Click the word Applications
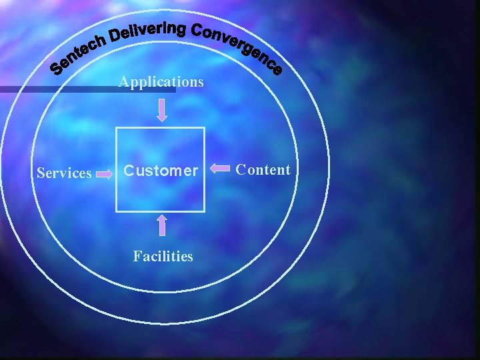(x=161, y=82)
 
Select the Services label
(x=64, y=173)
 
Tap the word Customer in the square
(x=161, y=171)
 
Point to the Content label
(x=264, y=169)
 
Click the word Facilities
(x=163, y=256)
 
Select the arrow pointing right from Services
(x=105, y=174)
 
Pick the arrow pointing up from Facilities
(x=162, y=226)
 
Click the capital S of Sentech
(x=58, y=67)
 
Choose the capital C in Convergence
(x=198, y=31)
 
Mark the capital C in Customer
(x=130, y=171)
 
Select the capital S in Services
(x=41, y=173)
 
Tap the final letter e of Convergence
(x=277, y=69)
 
